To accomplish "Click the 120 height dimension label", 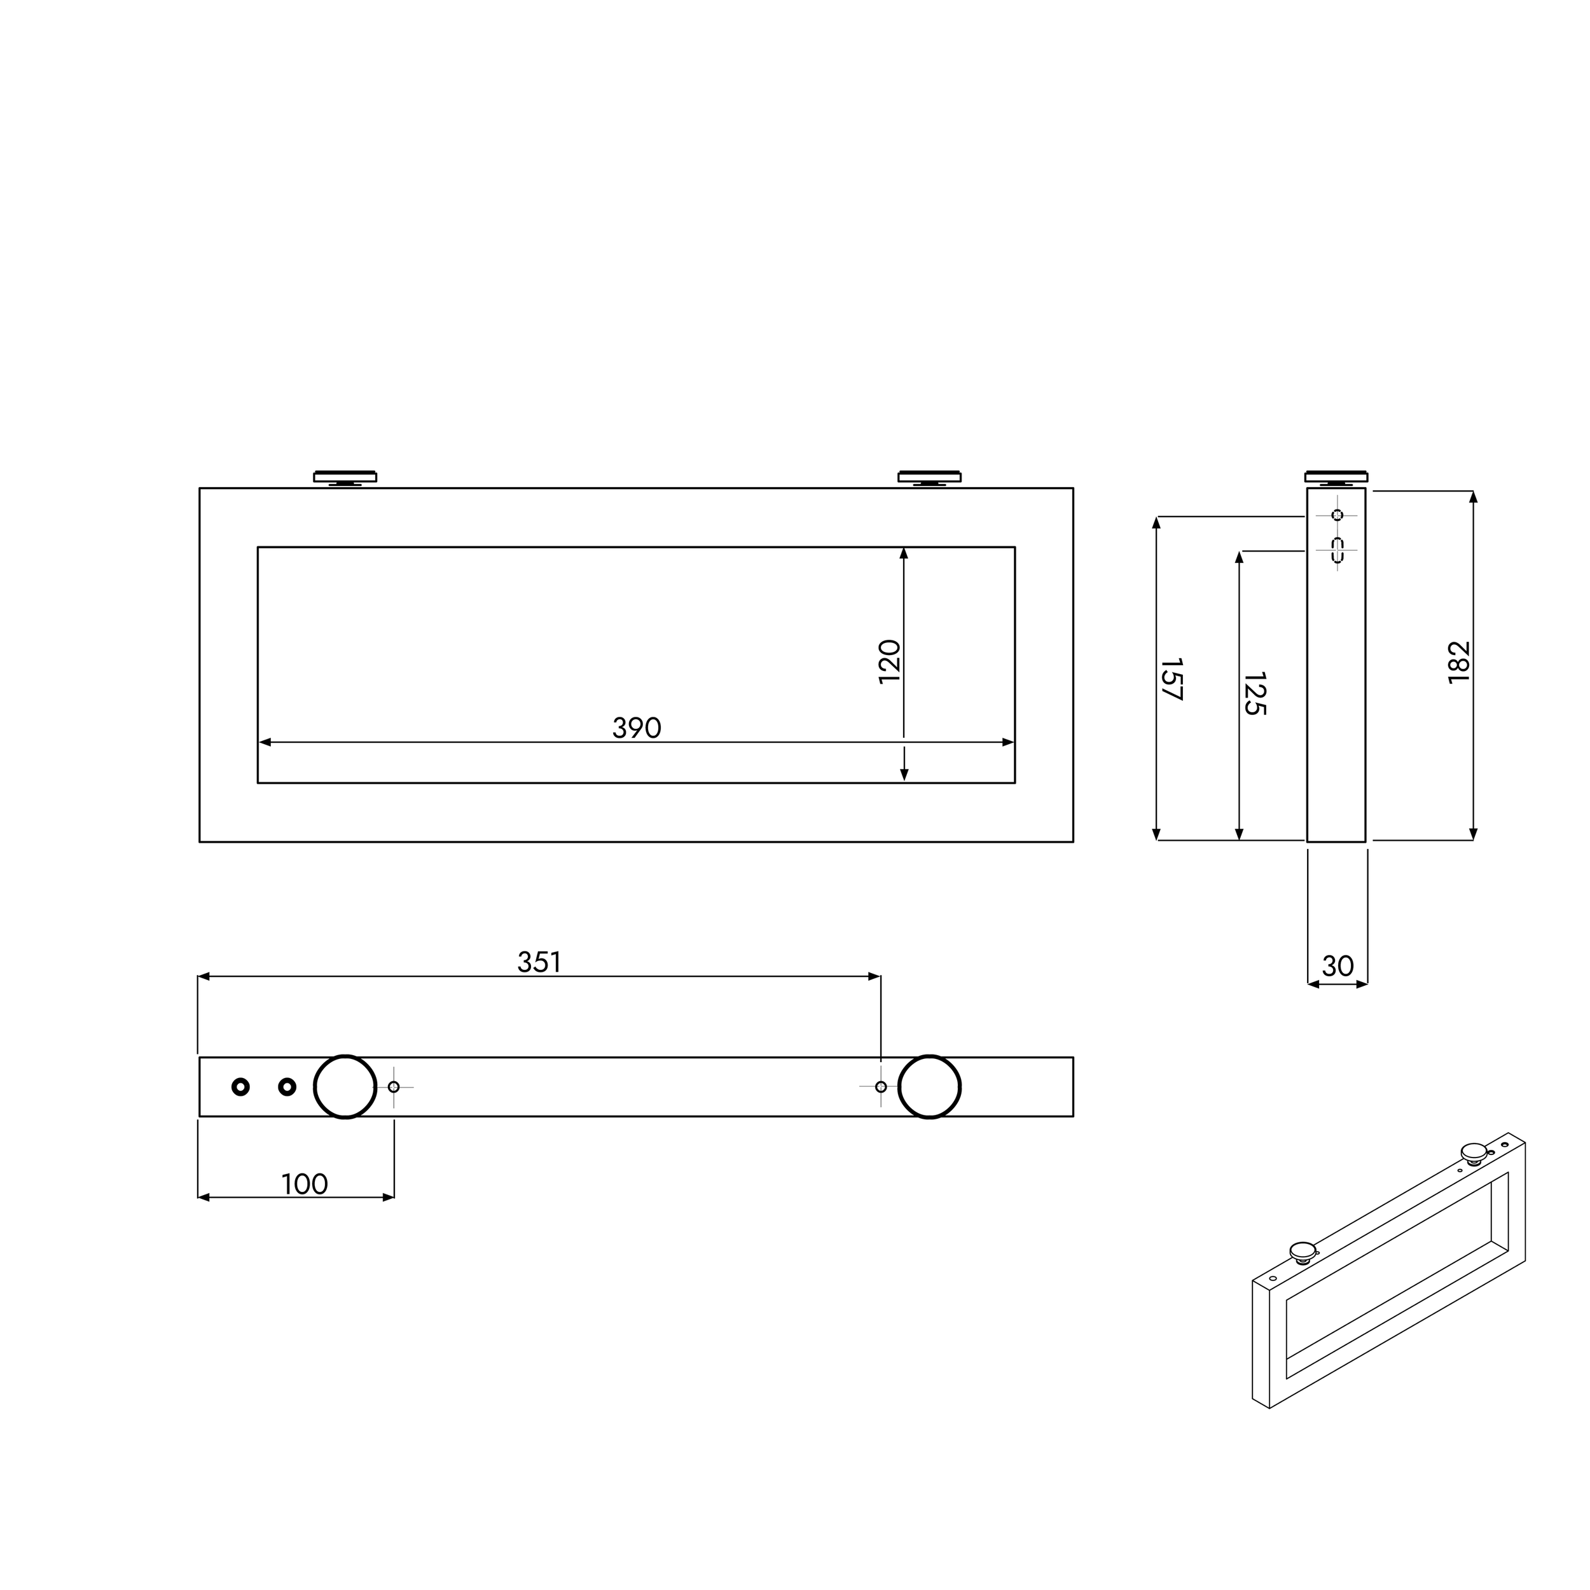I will tap(890, 661).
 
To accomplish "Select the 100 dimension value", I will tap(305, 1184).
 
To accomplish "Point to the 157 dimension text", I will tap(1171, 679).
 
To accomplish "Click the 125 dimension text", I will tap(1254, 693).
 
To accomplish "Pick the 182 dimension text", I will tap(1458, 661).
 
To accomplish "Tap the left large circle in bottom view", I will tap(345, 1087).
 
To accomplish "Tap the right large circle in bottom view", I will tap(929, 1087).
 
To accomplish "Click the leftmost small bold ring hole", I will tap(240, 1087).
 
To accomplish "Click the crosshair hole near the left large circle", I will tap(394, 1087).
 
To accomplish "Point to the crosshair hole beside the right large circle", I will tap(881, 1087).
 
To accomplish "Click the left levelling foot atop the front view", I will tap(345, 478).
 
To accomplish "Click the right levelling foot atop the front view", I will tap(929, 478).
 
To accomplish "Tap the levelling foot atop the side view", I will tap(1336, 478).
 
